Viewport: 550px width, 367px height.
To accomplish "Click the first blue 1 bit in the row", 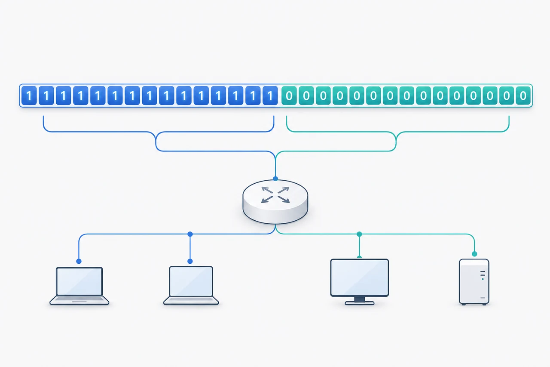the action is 29,96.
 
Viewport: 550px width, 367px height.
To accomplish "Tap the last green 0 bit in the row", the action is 523,96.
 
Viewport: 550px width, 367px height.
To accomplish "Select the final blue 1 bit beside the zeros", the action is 270,96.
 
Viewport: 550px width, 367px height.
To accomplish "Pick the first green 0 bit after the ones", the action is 289,96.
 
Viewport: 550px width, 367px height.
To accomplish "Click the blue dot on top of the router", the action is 275,179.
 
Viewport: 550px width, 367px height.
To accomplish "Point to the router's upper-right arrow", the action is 284,190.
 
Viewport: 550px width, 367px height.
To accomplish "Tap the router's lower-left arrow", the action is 267,199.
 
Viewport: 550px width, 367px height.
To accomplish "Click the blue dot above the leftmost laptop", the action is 79,261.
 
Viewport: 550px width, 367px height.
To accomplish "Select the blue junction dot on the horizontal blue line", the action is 190,234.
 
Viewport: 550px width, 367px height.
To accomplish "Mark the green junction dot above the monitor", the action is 360,234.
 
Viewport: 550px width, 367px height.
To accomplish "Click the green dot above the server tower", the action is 474,254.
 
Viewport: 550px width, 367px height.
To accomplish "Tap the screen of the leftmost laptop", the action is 79,281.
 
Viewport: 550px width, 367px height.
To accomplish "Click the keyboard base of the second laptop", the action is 191,300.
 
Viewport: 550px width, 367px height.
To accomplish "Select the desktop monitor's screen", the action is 360,278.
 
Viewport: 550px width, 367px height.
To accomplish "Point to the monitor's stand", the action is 360,301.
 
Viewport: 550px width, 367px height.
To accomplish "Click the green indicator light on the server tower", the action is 483,279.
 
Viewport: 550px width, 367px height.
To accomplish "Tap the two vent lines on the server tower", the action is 483,273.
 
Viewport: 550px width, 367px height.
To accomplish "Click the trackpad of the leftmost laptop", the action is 79,302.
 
